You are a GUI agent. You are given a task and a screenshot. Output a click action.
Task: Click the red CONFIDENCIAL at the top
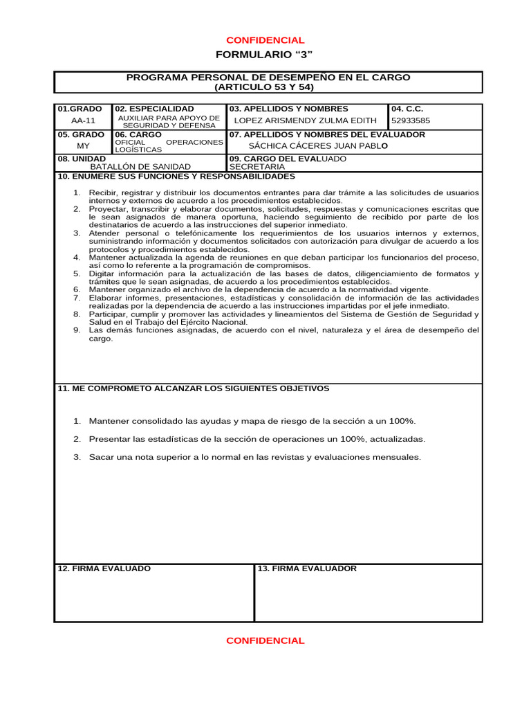pos(265,40)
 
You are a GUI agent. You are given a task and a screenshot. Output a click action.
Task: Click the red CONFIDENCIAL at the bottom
pos(265,640)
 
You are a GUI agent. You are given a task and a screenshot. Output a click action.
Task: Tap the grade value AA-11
pos(83,120)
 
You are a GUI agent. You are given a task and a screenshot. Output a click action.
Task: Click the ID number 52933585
pos(411,120)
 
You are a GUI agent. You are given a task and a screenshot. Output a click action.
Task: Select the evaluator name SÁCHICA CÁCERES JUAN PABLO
pos(318,146)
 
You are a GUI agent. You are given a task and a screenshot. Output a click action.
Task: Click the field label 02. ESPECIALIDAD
pos(154,109)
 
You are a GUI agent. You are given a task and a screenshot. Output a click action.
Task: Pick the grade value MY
pos(83,146)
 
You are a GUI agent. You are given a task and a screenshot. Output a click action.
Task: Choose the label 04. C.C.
pos(407,109)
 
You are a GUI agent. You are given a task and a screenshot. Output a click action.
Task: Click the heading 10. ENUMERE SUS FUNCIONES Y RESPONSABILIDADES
pos(176,176)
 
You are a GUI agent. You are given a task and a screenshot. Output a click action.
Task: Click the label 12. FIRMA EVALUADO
pos(104,568)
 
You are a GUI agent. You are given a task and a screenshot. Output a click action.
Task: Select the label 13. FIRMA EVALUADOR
pos(307,568)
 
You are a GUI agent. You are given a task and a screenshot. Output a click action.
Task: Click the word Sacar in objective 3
pos(101,457)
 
